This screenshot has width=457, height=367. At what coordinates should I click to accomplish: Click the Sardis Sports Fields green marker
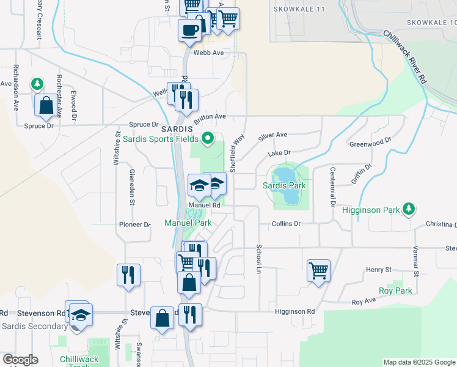tap(208, 138)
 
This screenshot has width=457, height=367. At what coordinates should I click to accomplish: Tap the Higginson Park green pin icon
tap(409, 210)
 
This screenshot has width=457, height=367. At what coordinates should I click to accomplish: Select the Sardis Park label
tap(284, 185)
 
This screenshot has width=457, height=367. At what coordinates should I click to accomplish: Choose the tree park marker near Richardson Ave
tap(37, 83)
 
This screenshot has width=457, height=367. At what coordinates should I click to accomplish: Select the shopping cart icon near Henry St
tap(318, 270)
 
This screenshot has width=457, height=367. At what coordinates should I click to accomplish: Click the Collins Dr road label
tap(287, 224)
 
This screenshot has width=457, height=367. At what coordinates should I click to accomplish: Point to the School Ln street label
tap(259, 259)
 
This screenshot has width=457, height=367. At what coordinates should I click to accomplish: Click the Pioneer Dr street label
tap(134, 224)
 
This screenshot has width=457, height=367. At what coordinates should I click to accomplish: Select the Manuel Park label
tap(188, 223)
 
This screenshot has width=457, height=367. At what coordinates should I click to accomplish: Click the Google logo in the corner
tap(20, 360)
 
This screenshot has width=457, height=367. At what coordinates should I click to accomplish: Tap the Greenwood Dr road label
tap(370, 144)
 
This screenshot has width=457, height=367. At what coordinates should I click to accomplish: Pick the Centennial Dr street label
tap(333, 186)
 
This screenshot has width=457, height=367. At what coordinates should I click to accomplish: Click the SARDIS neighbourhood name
tap(177, 129)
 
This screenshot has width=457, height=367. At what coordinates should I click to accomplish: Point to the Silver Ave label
tap(272, 136)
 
